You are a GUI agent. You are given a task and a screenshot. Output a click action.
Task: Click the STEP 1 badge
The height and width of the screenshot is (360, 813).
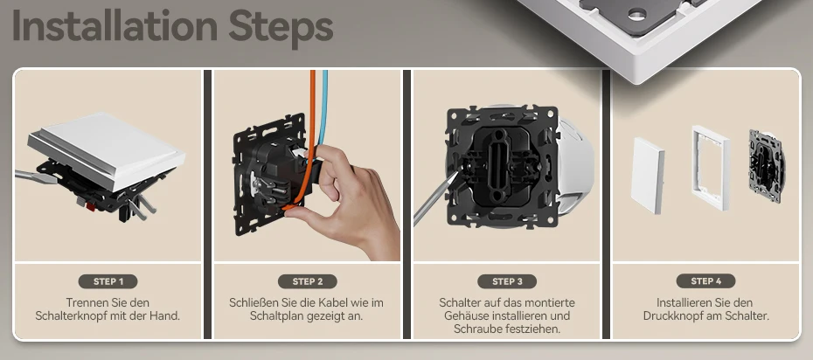click(x=108, y=281)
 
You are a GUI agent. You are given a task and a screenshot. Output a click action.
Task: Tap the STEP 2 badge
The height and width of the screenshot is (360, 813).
click(x=308, y=281)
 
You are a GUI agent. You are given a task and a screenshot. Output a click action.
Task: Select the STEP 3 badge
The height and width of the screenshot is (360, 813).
click(x=507, y=281)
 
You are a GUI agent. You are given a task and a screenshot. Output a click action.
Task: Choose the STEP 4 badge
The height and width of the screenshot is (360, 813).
click(x=705, y=281)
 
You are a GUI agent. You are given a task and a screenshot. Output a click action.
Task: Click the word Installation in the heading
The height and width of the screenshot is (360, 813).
click(x=114, y=26)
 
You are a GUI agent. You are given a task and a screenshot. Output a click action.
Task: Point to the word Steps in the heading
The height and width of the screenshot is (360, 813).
click(x=281, y=27)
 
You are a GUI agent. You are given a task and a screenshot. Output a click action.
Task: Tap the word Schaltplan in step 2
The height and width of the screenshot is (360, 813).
click(x=274, y=315)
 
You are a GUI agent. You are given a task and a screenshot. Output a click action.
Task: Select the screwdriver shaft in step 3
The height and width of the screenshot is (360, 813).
click(x=433, y=200)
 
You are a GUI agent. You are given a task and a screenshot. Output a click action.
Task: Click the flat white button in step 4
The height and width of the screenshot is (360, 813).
click(x=648, y=175)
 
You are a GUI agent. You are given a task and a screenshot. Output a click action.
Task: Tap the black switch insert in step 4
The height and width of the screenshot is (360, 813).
click(x=767, y=165)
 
